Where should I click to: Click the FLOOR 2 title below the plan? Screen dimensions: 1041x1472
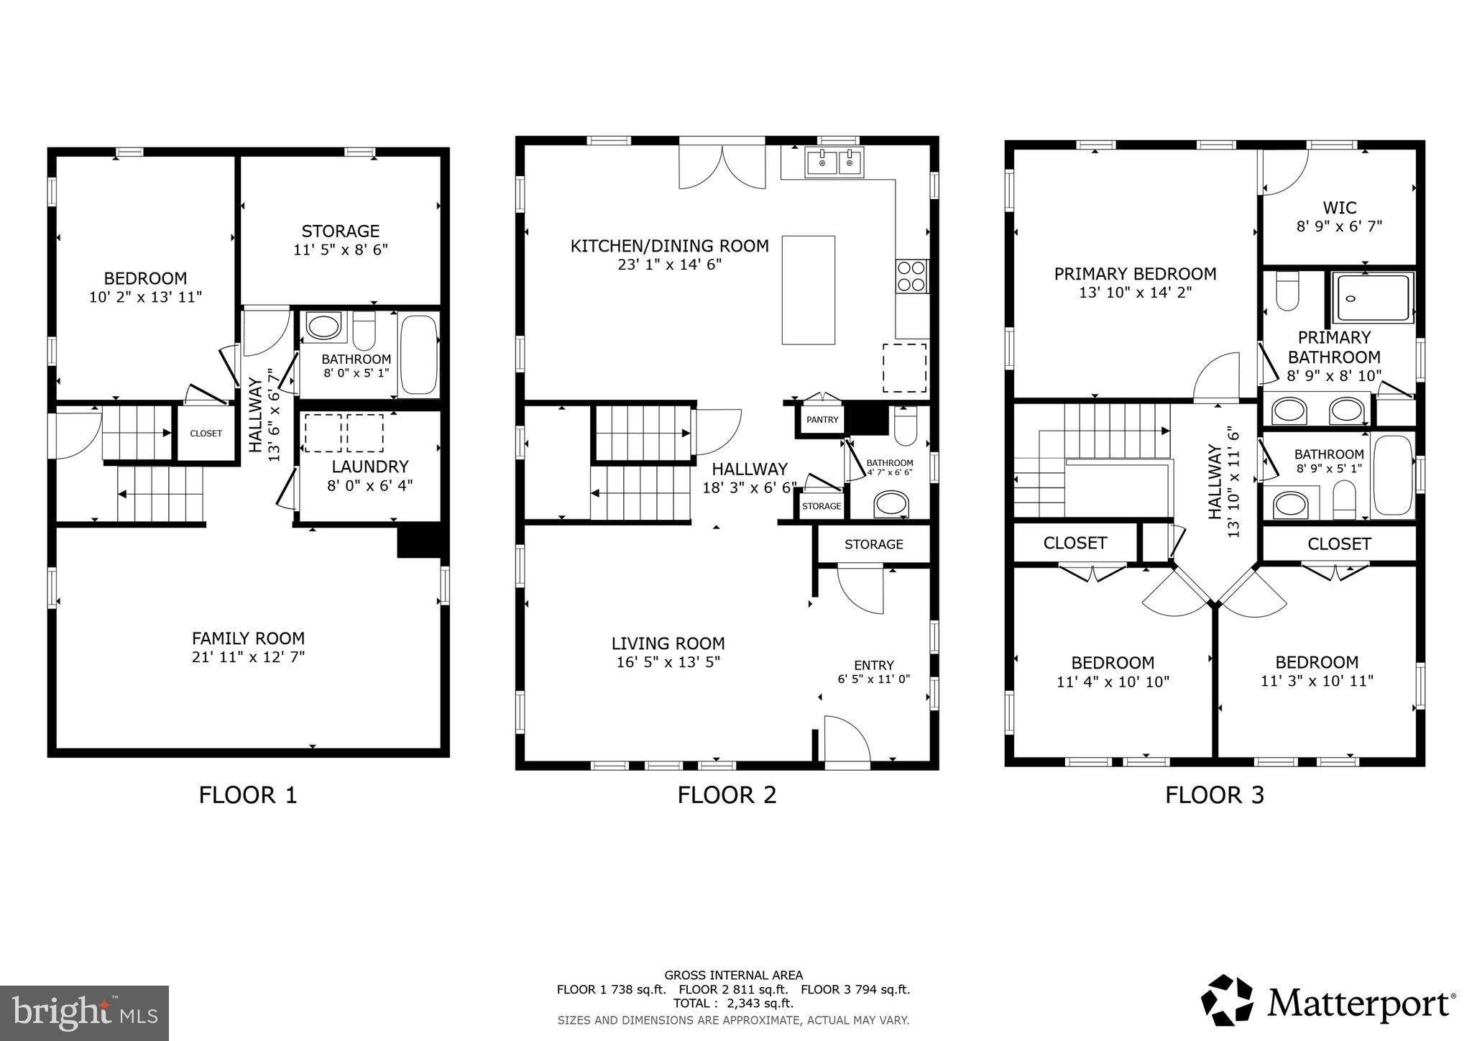(727, 795)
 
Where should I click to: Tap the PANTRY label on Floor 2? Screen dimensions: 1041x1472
(822, 420)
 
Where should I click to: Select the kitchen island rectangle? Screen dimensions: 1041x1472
(809, 290)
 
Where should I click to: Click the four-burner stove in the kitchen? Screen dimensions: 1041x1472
(911, 276)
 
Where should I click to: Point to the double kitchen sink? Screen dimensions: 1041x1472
(834, 162)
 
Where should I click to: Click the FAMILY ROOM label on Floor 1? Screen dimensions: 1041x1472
(248, 638)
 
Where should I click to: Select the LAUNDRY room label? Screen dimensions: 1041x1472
(370, 467)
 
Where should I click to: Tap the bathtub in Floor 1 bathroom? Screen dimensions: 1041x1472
(418, 355)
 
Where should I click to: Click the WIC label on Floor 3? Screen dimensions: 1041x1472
(1340, 208)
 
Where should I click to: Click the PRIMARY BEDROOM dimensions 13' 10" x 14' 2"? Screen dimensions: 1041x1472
(1135, 293)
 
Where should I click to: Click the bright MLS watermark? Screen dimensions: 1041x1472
(85, 1013)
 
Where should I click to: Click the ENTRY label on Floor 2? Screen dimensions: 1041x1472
(874, 665)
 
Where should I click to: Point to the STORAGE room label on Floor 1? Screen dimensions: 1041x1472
(341, 231)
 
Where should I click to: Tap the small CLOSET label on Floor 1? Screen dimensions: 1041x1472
(206, 434)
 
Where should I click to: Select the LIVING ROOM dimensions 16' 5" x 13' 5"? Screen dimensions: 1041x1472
(668, 662)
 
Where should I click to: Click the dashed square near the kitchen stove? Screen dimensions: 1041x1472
(904, 367)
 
